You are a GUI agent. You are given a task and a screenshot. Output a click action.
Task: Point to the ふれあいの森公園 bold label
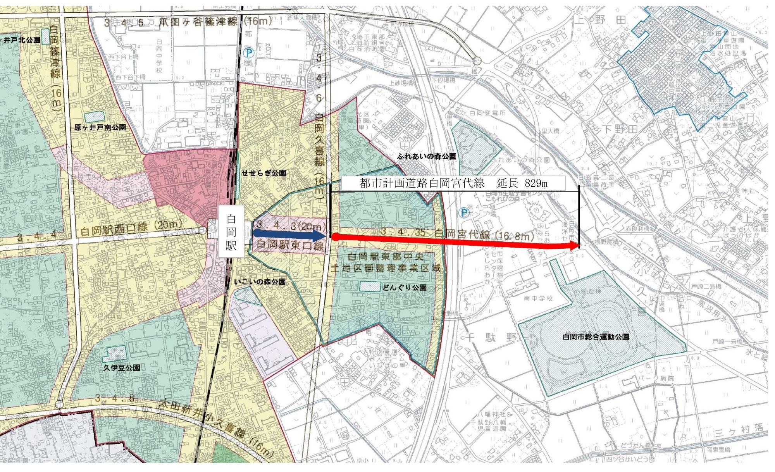coord(426,157)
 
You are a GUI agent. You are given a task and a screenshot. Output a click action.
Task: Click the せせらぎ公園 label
coord(264,173)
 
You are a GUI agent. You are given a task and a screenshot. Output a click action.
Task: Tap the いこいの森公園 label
coord(260,282)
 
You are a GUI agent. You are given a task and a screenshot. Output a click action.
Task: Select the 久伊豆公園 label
coord(121,367)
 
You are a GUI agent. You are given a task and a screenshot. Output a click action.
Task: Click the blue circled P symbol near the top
coord(246,51)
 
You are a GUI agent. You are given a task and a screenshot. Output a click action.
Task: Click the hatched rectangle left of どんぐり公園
coord(370,286)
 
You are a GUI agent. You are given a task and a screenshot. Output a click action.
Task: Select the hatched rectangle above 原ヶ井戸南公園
coord(94,116)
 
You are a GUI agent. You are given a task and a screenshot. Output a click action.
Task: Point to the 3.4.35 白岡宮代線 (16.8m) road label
coord(457,234)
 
